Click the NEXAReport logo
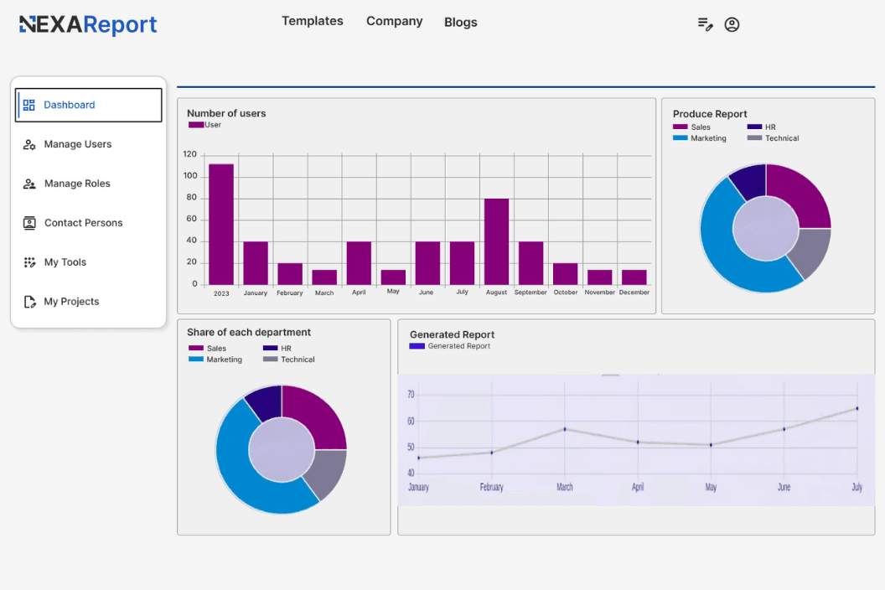(88, 25)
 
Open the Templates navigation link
(312, 21)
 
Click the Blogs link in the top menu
(460, 23)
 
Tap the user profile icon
(732, 25)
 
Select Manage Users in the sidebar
(77, 144)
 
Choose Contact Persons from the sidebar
(83, 223)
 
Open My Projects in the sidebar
(71, 302)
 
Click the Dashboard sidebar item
(88, 105)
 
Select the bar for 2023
(221, 224)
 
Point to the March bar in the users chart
(324, 277)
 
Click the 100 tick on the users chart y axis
(190, 176)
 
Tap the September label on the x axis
(530, 292)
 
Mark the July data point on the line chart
(857, 409)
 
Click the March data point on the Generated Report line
(565, 429)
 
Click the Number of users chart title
(226, 113)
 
